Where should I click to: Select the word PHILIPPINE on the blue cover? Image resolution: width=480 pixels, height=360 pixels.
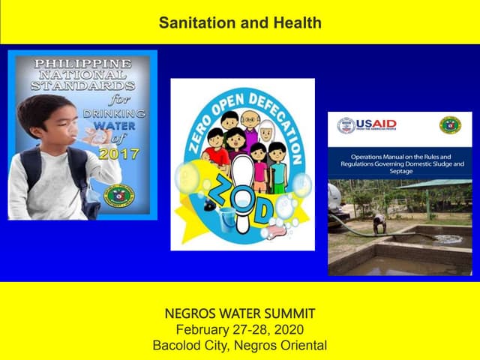pos(82,64)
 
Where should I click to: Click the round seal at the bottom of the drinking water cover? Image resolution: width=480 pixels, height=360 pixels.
pos(119,196)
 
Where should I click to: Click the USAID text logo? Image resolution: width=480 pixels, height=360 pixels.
pos(377,124)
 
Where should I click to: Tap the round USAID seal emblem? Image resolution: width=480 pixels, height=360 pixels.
pos(346,125)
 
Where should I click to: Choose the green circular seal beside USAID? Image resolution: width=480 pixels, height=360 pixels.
pos(450,125)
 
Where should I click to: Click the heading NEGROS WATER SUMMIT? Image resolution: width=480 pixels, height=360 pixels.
pos(240,313)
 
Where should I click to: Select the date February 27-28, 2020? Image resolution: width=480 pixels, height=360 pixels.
pos(240,330)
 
